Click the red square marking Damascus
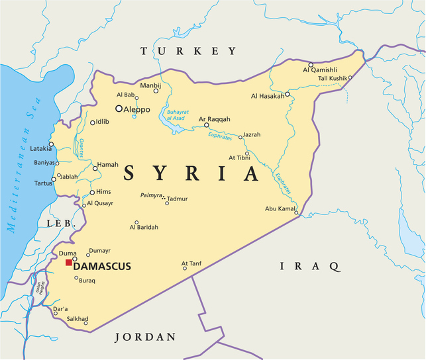(68, 263)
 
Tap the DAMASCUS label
(102, 266)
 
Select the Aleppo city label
(137, 109)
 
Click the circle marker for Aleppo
(119, 109)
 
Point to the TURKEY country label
(188, 51)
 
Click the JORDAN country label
(146, 337)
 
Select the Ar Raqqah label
(215, 119)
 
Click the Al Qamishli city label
(321, 69)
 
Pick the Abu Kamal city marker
(297, 212)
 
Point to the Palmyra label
(150, 196)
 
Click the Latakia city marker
(51, 144)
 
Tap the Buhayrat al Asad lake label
(178, 115)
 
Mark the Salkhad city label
(78, 318)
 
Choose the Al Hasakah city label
(268, 96)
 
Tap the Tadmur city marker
(167, 203)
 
